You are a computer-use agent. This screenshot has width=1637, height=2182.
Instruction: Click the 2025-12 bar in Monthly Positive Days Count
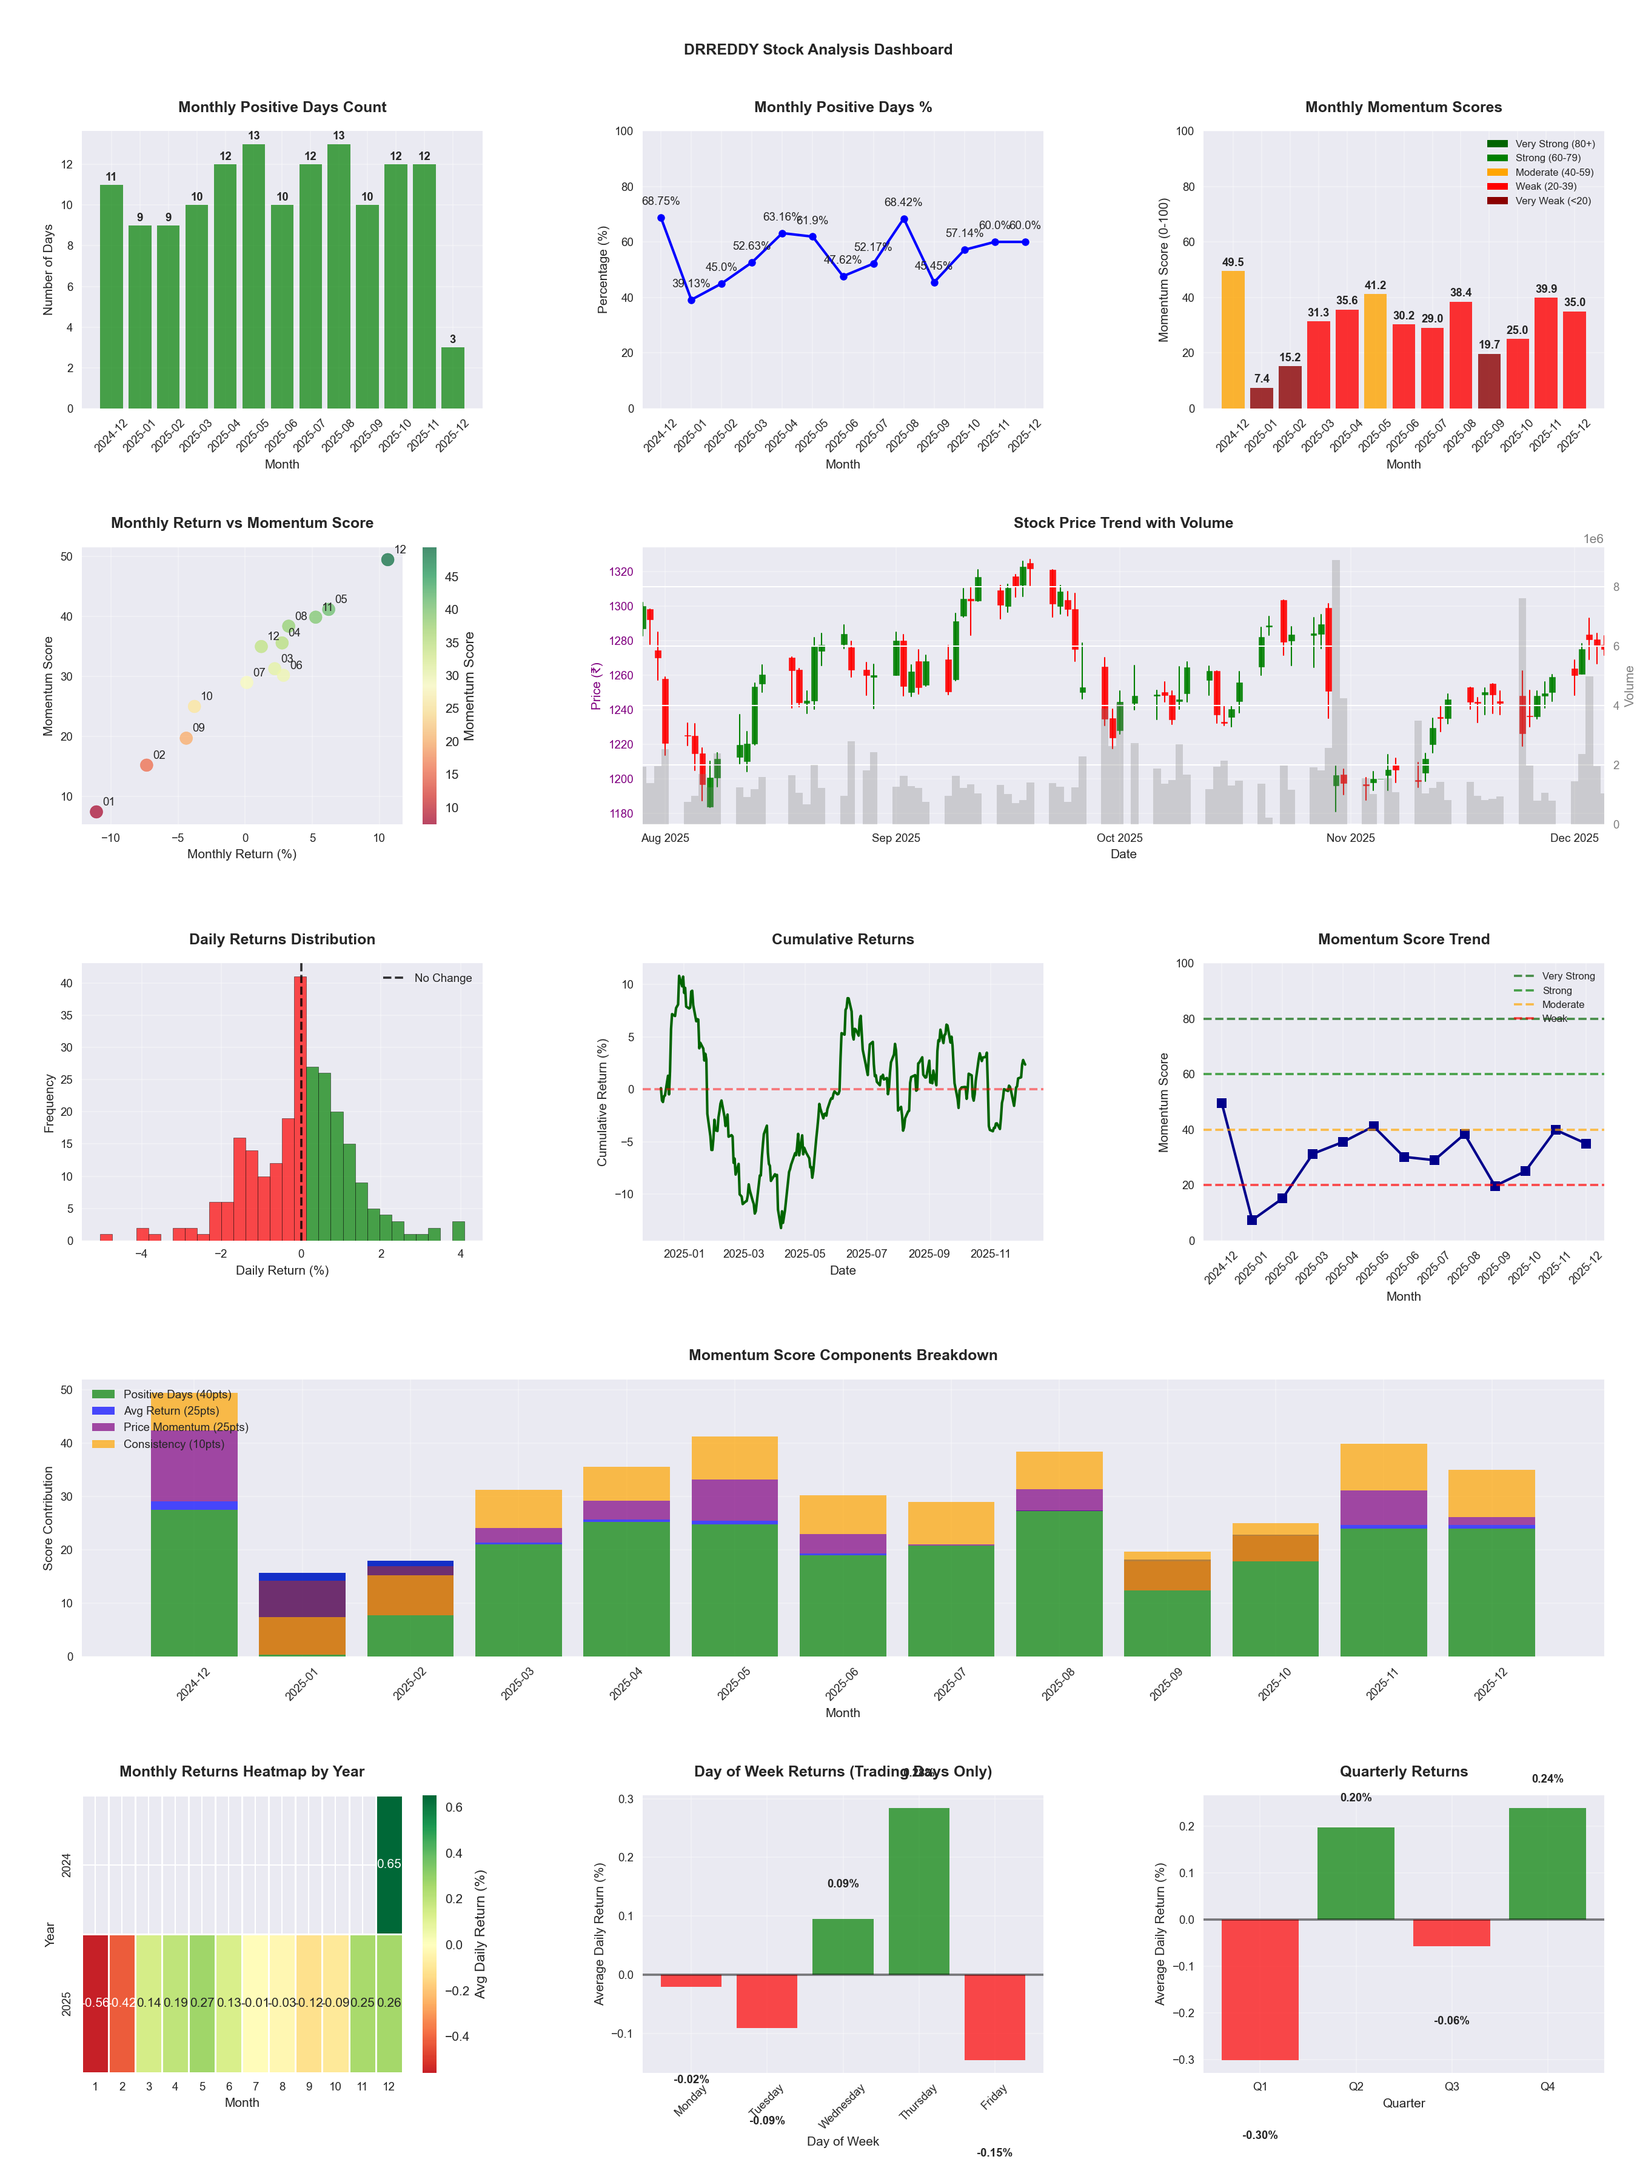click(x=453, y=378)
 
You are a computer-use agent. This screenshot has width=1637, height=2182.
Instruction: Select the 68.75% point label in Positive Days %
click(x=660, y=201)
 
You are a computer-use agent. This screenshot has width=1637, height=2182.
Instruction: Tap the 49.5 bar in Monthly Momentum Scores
click(x=1233, y=339)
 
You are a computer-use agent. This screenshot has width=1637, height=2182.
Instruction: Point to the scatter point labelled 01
click(x=96, y=812)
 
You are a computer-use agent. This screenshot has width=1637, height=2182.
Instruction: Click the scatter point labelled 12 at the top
click(x=388, y=559)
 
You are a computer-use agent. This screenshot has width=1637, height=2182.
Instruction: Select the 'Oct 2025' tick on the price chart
click(x=1119, y=838)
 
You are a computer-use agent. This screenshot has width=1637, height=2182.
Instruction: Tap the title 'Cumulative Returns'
click(x=843, y=939)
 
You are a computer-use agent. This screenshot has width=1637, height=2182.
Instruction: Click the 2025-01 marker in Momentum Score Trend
click(x=1252, y=1220)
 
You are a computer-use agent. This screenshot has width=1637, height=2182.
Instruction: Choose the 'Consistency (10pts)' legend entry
click(x=173, y=1444)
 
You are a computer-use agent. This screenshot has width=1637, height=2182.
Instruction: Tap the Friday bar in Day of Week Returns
click(x=995, y=2017)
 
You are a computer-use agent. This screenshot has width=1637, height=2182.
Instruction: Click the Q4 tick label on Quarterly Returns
click(x=1547, y=2086)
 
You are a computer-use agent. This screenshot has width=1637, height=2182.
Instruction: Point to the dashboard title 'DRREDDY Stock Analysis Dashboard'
click(x=818, y=49)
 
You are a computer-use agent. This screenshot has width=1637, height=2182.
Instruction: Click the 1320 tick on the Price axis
click(x=621, y=572)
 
